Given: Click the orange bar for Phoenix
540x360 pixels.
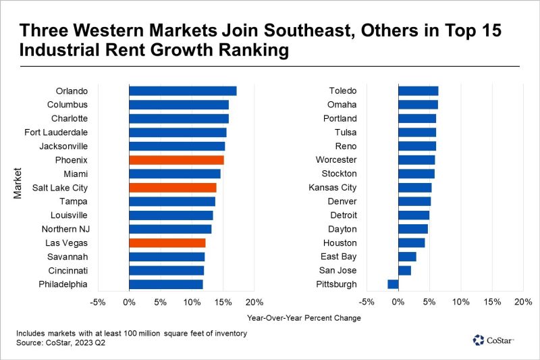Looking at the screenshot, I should pos(176,160).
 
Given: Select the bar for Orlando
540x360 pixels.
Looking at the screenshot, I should pos(182,91).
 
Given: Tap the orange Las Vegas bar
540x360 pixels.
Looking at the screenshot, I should pos(167,243).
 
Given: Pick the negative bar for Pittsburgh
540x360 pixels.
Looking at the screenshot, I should pos(393,284).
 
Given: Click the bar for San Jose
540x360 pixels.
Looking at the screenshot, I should pos(404,271).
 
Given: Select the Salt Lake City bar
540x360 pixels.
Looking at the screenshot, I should pos(172,188).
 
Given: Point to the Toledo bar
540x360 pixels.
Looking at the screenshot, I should pos(418,91).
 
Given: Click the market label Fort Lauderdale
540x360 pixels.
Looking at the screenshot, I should pos(55,132).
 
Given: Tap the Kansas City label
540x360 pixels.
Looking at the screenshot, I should pos(333,188).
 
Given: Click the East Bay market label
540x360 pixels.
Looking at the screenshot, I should pos(339,257).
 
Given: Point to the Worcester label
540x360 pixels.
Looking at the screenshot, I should pos(336,160).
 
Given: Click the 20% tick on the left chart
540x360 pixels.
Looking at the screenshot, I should pos(254,302).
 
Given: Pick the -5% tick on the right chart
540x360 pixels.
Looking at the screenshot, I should pos(367,302).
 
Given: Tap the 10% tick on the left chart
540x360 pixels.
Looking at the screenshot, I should pos(192,302).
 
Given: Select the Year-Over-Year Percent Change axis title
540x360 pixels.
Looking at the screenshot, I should pos(304,317).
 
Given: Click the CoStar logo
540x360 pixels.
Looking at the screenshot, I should pos(493,340).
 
